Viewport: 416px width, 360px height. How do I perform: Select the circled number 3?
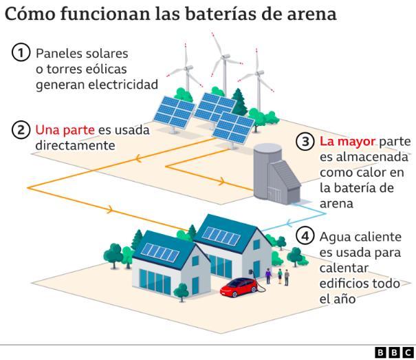pos(305,142)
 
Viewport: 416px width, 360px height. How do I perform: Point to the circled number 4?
pos(305,236)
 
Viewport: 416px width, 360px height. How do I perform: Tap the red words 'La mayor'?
pos(348,142)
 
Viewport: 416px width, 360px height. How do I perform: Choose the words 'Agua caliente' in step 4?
pos(359,236)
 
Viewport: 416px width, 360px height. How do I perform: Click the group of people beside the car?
pos(279,277)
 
